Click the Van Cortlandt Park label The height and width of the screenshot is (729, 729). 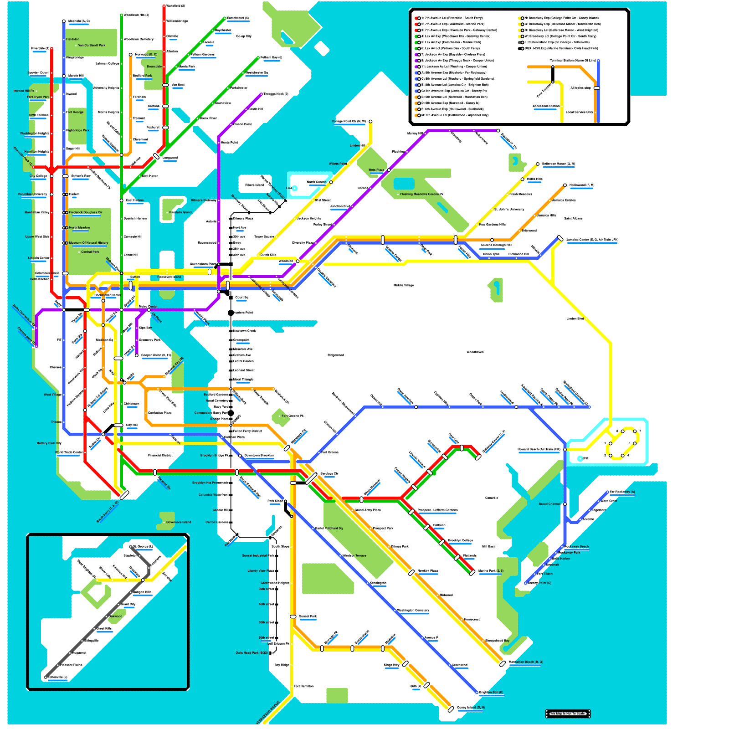[x=92, y=46]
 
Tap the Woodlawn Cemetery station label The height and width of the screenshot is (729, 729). [x=139, y=39]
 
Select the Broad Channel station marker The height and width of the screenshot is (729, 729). [x=565, y=504]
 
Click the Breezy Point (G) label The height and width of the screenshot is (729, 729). [x=539, y=583]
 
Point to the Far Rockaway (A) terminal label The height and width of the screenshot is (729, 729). [x=622, y=492]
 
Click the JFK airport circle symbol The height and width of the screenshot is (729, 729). [x=580, y=458]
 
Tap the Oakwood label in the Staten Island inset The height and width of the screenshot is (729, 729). [x=115, y=616]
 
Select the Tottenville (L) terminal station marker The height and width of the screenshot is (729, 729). [x=46, y=678]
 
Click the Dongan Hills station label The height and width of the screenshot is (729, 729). [x=142, y=592]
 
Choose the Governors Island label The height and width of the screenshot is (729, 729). [x=179, y=522]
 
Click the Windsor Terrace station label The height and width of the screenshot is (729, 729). [x=354, y=555]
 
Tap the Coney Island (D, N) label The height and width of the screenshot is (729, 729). [x=471, y=708]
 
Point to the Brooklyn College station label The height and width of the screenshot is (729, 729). [x=460, y=540]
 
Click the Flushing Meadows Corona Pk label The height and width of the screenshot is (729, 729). [x=421, y=194]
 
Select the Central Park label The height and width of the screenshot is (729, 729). [x=90, y=252]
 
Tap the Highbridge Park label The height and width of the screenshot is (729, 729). [x=77, y=130]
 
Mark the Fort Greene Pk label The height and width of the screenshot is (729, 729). [x=292, y=416]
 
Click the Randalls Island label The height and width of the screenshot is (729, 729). [x=180, y=212]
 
